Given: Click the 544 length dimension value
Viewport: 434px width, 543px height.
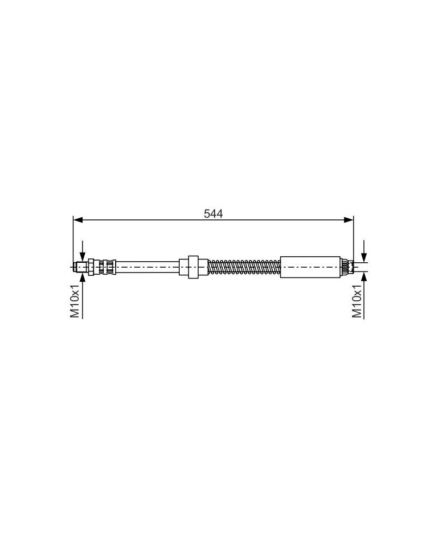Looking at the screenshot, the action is point(213,213).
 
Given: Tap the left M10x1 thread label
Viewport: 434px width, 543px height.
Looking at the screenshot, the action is point(75,301).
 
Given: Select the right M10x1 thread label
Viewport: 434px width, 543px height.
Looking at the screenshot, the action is point(357,301).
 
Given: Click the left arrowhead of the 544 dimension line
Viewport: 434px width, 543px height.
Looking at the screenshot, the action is point(78,220).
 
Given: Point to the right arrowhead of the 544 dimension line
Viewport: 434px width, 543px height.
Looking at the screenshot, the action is point(349,220).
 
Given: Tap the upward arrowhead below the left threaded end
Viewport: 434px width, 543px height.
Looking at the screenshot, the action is point(83,277).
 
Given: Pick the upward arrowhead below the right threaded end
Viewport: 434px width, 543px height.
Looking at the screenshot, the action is point(364,277).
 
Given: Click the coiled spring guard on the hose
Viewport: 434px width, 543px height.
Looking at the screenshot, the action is point(244,267).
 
